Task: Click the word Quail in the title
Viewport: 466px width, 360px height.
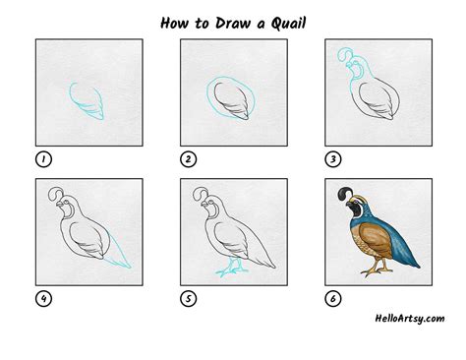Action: (288, 24)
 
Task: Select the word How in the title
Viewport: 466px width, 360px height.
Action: (175, 23)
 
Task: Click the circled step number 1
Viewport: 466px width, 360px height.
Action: (43, 159)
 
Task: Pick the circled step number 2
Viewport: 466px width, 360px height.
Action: (189, 159)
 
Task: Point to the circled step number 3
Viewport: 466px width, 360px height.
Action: (333, 159)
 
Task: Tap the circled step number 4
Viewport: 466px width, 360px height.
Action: (43, 299)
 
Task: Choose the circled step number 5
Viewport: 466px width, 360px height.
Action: (189, 299)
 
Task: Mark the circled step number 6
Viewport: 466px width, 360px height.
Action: (333, 299)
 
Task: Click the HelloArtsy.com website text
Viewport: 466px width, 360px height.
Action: (410, 319)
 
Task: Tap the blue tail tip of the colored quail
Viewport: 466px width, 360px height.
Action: (416, 264)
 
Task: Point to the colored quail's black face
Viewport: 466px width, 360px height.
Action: (353, 208)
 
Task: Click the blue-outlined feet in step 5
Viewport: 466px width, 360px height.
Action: (231, 268)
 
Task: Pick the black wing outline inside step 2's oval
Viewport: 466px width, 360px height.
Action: (231, 100)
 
